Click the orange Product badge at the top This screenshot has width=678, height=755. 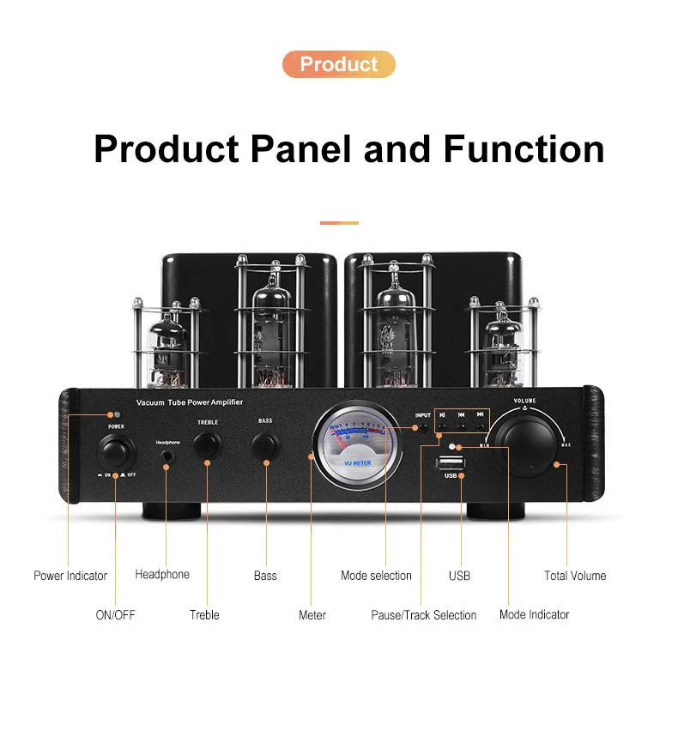coord(338,64)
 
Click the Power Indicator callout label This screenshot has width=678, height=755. coord(70,576)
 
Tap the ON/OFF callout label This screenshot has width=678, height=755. coord(115,615)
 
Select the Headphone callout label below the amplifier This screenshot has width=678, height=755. coord(162,574)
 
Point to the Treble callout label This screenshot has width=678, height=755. coord(204,615)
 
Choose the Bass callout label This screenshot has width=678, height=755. coord(265,576)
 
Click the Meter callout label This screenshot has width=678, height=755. coord(312,615)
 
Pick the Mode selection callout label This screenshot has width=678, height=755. coord(376,576)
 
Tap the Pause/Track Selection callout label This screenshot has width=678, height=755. coord(423,615)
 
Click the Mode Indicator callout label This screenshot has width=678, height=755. coord(534,615)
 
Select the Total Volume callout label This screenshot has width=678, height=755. coord(575,576)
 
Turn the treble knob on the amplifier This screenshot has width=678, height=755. coord(207,444)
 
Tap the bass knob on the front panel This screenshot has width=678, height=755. coord(265,444)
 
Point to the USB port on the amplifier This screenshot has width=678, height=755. coord(450,464)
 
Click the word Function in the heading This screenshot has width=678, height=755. coord(524,148)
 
